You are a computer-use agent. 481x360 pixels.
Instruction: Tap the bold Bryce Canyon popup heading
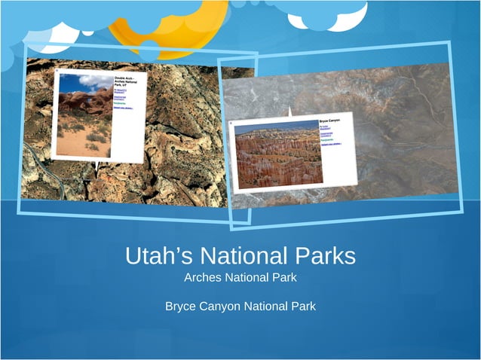332,121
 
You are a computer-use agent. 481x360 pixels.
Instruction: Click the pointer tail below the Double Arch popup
97,165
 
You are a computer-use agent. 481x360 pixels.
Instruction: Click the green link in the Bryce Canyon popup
327,139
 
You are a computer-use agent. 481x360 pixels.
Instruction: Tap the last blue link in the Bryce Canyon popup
331,144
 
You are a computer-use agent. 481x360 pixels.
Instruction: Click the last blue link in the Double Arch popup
123,108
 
